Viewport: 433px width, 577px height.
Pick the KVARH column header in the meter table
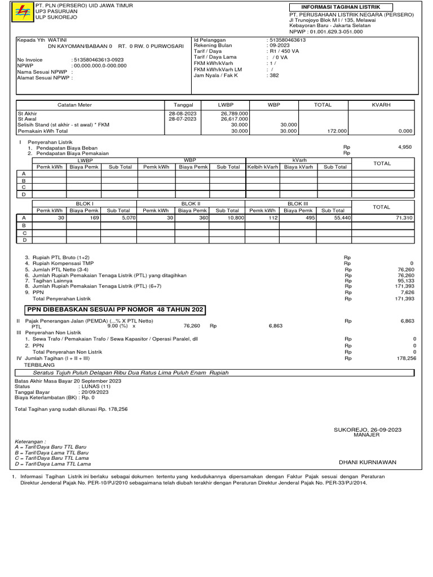click(x=381, y=105)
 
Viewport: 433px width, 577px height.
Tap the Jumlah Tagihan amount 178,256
click(x=406, y=358)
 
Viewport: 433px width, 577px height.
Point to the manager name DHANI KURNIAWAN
click(x=367, y=462)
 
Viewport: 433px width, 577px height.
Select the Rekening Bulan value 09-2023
click(x=280, y=46)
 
